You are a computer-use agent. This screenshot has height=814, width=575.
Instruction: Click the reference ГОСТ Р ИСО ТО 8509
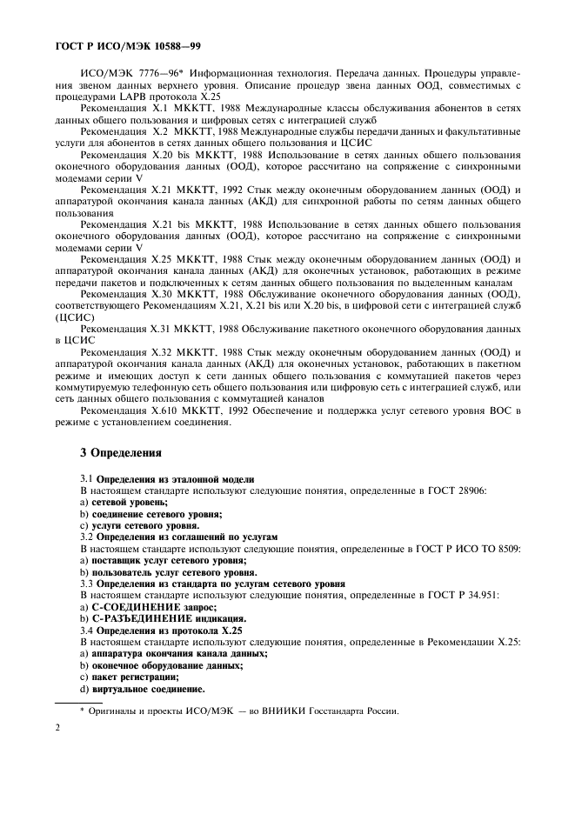click(449, 549)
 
